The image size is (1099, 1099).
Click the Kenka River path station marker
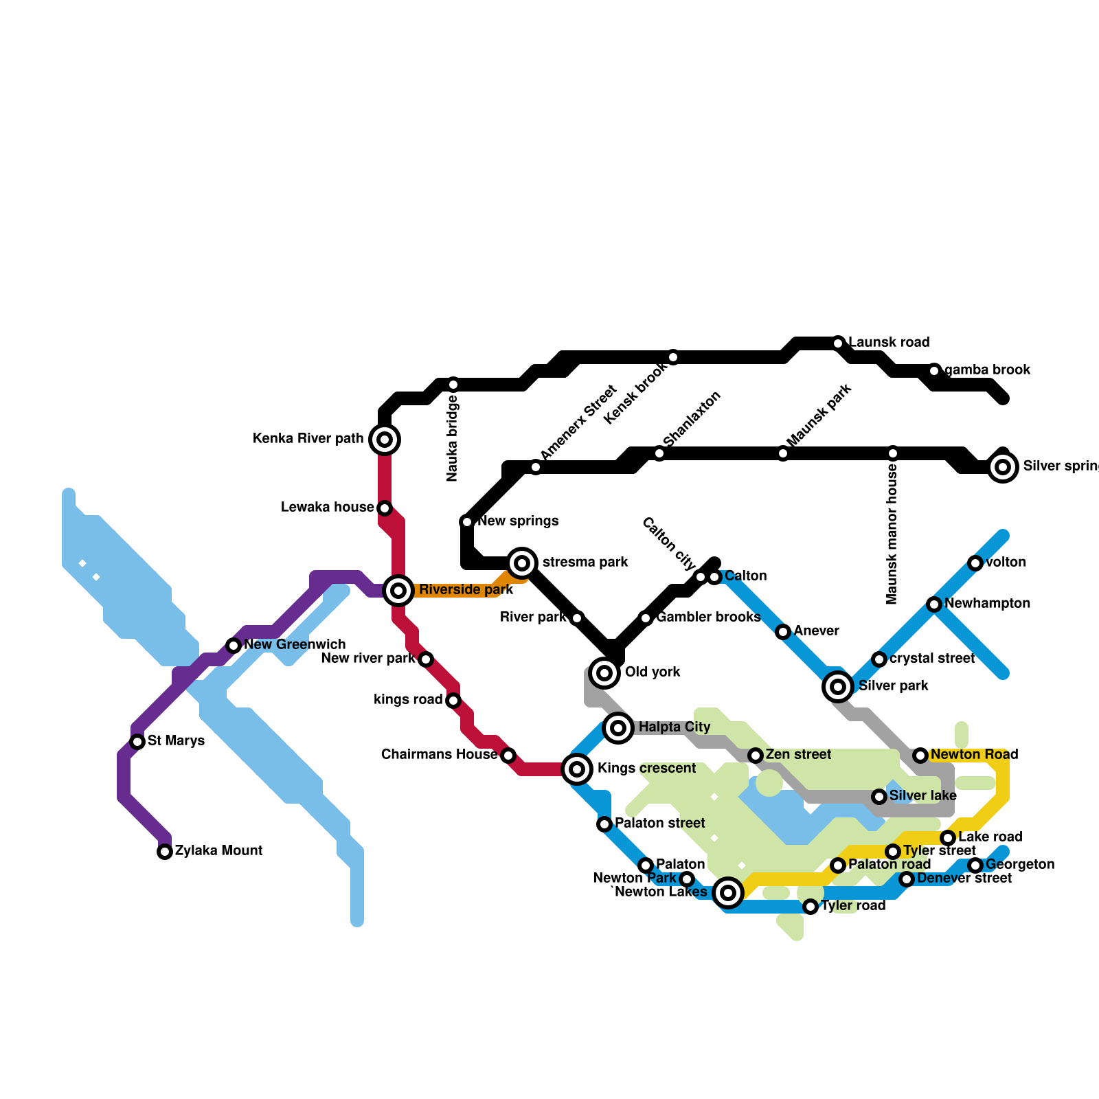point(385,440)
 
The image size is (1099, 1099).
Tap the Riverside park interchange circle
point(398,590)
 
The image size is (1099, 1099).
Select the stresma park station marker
point(522,563)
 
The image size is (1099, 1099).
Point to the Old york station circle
point(604,672)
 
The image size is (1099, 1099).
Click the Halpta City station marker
point(618,727)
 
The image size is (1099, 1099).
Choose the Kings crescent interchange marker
point(577,769)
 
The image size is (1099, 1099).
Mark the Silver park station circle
point(837,686)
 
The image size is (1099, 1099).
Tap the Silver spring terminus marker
point(1003,467)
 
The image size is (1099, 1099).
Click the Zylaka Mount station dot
point(165,852)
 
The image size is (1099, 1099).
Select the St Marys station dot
point(137,742)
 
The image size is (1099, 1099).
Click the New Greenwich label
point(295,645)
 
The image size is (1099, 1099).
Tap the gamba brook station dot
point(934,371)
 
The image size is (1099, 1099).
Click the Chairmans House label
point(439,755)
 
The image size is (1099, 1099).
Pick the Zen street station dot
point(756,756)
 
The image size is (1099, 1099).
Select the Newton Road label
point(974,755)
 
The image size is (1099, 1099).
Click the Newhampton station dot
point(933,604)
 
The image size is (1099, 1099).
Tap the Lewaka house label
point(327,508)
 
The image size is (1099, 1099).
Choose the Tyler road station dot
point(811,907)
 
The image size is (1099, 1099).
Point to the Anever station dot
point(783,632)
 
